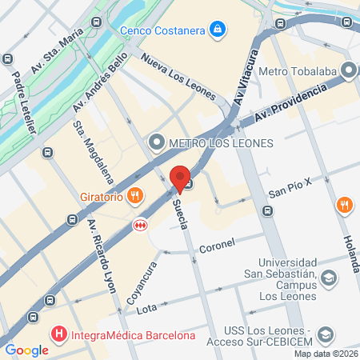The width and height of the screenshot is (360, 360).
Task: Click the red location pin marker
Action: click(x=180, y=178)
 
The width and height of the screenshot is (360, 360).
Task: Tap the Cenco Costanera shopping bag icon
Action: click(x=217, y=31)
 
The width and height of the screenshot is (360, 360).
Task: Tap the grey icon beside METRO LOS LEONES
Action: click(x=156, y=143)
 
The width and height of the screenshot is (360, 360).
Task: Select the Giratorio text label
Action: click(x=100, y=195)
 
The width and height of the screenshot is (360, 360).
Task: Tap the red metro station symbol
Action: click(x=141, y=226)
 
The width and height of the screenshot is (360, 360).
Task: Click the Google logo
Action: click(x=26, y=350)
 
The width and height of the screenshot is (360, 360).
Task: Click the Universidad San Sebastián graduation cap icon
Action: click(x=327, y=278)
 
